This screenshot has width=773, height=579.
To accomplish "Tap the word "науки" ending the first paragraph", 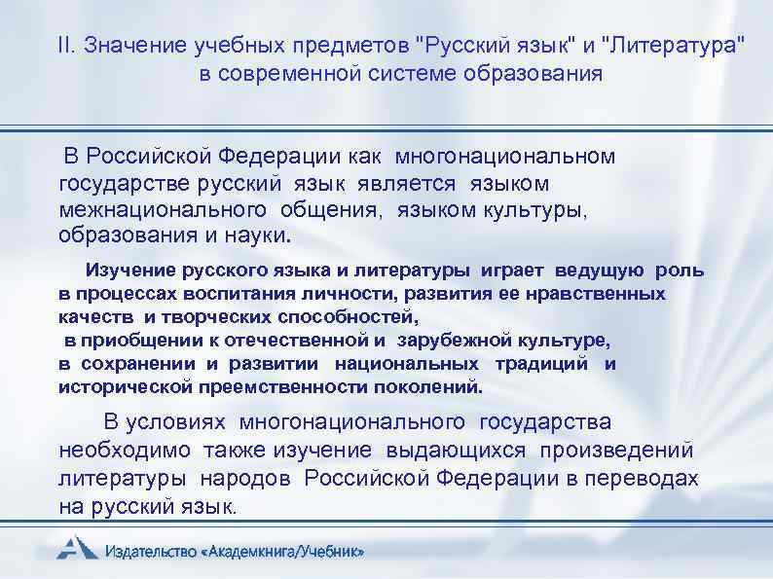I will pos(261,235).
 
